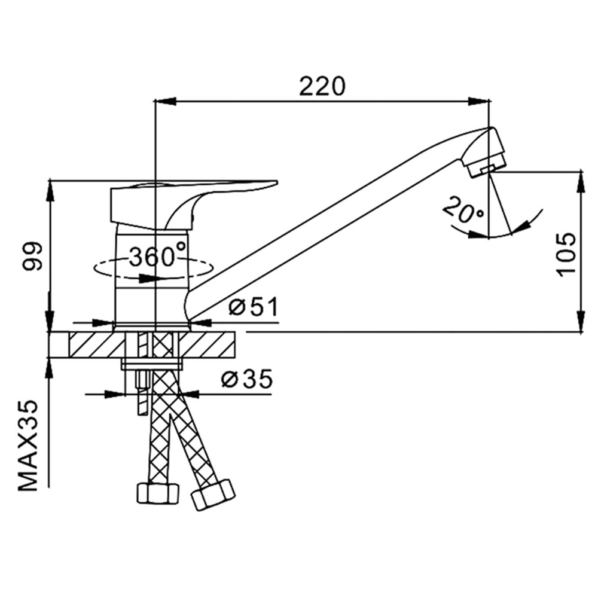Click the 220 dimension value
[322, 87]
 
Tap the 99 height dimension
[32, 257]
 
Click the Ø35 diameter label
[247, 379]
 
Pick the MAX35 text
[29, 445]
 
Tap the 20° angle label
[463, 210]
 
